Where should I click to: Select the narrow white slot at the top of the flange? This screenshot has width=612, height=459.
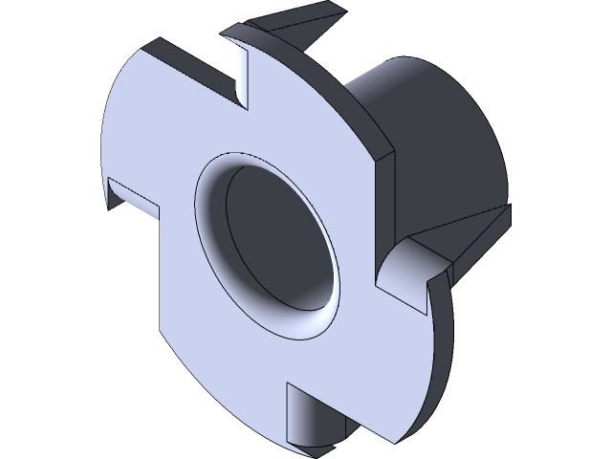click(240, 73)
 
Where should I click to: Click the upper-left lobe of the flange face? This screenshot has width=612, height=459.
click(163, 124)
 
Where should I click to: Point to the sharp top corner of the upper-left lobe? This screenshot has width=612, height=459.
click(150, 42)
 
